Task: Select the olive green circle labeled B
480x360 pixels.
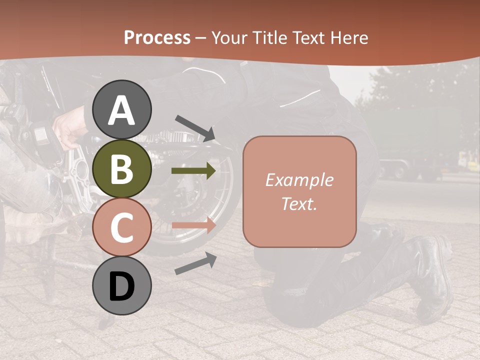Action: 122,169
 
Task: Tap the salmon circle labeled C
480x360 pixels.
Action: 122,227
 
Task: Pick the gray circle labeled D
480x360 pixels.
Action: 122,286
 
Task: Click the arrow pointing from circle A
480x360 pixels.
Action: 195,128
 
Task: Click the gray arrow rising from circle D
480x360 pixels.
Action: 195,263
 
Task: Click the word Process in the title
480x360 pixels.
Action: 157,37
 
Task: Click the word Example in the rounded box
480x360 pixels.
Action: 299,180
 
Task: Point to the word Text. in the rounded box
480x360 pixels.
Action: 299,203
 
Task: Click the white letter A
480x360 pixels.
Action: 122,111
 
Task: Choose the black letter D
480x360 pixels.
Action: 122,286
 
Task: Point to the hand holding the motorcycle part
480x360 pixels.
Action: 67,131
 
